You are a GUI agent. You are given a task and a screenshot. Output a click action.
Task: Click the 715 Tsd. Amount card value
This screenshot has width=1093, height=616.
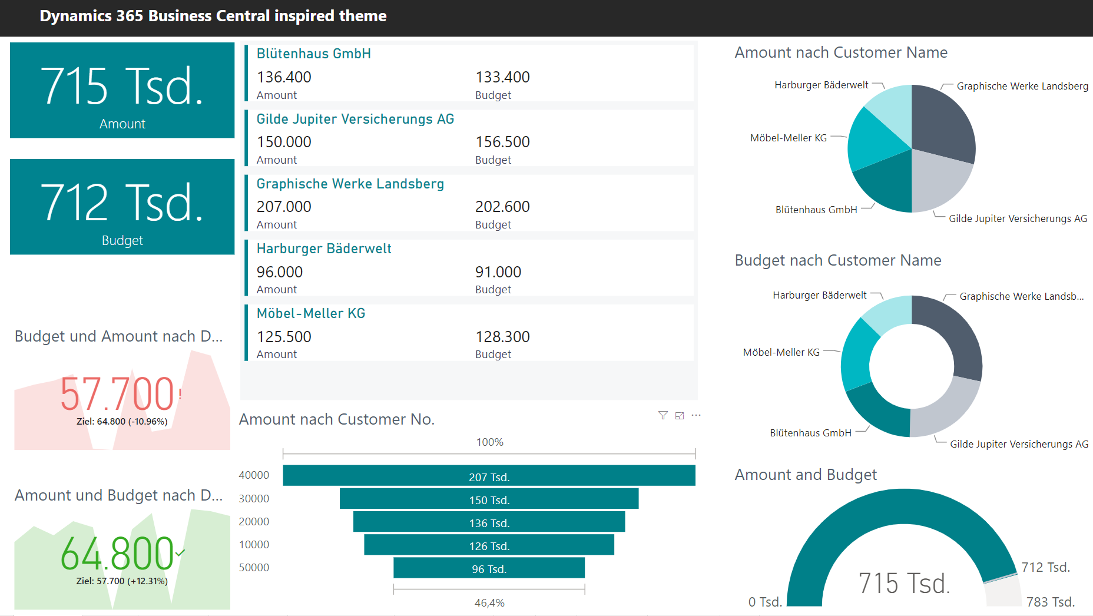pyautogui.click(x=122, y=87)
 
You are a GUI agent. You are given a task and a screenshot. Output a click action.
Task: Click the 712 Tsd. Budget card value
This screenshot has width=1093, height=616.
pyautogui.click(x=122, y=203)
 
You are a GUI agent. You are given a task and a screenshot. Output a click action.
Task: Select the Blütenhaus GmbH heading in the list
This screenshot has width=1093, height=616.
pyautogui.click(x=314, y=54)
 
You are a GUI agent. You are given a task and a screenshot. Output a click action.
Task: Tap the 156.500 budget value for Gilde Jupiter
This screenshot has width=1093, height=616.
pyautogui.click(x=502, y=142)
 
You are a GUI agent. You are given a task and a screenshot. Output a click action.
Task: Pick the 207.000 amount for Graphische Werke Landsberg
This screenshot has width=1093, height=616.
pyautogui.click(x=284, y=207)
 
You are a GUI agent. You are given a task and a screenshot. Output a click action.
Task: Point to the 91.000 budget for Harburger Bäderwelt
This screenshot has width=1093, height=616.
pyautogui.click(x=498, y=272)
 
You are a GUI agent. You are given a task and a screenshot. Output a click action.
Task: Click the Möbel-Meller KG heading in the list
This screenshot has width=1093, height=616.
pyautogui.click(x=311, y=313)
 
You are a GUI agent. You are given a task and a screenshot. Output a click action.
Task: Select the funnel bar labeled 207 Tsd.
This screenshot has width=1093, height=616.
pyautogui.click(x=489, y=476)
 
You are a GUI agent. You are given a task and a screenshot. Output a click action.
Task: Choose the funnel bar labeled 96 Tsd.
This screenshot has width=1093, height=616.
pyautogui.click(x=489, y=568)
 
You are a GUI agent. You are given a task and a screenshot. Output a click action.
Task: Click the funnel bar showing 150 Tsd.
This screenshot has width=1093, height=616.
pyautogui.click(x=489, y=499)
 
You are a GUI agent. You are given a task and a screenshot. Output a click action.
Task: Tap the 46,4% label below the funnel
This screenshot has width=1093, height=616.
pyautogui.click(x=489, y=603)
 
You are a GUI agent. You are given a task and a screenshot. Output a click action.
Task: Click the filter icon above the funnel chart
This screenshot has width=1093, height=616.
pyautogui.click(x=663, y=416)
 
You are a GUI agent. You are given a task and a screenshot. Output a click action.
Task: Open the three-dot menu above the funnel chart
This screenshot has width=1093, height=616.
pyautogui.click(x=696, y=416)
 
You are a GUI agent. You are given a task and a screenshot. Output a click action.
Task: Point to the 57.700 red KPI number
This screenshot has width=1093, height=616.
pyautogui.click(x=117, y=394)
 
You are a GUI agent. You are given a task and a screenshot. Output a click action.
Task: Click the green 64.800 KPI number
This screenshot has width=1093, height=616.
pyautogui.click(x=117, y=554)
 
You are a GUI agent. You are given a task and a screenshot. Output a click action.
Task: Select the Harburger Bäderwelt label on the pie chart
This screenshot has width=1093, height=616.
pyautogui.click(x=821, y=85)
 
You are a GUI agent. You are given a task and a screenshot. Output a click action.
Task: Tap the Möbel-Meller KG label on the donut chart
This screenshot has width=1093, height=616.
pyautogui.click(x=781, y=353)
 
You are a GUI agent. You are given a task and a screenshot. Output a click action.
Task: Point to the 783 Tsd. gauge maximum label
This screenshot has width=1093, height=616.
pyautogui.click(x=1051, y=602)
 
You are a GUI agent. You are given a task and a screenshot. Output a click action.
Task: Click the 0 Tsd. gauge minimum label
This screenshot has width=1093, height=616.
pyautogui.click(x=765, y=602)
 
